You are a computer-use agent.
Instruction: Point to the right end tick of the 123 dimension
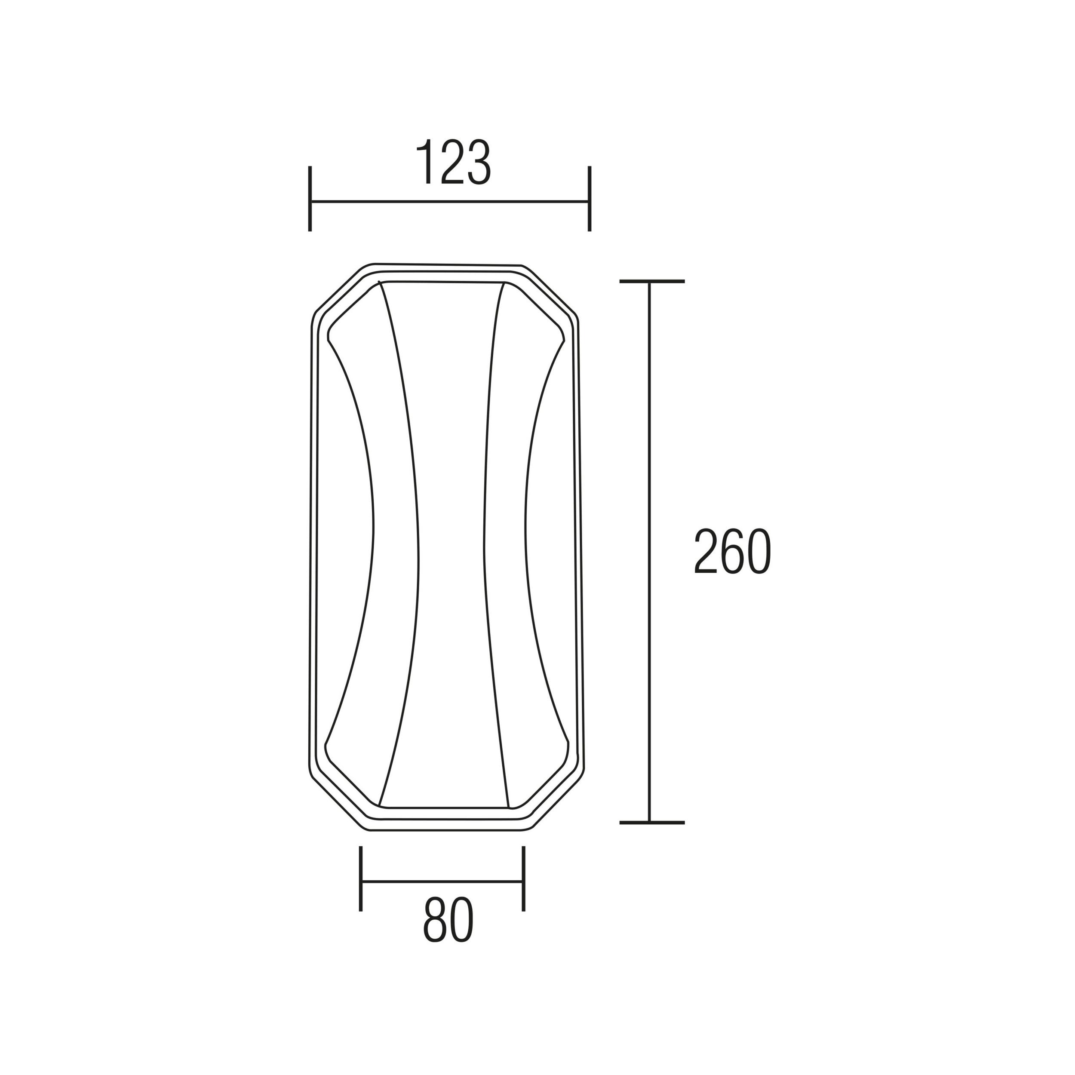(x=589, y=199)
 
